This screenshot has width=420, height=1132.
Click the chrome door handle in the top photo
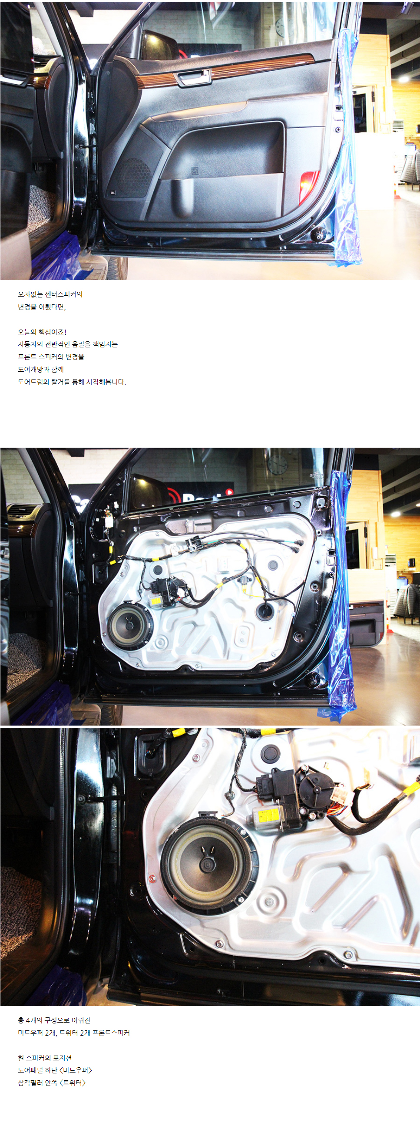click(x=193, y=77)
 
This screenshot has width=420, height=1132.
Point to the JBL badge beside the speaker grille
click(x=112, y=192)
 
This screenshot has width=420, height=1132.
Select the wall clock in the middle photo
click(x=277, y=465)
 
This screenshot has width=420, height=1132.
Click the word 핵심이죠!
click(x=53, y=332)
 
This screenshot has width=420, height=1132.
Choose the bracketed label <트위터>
click(x=73, y=1083)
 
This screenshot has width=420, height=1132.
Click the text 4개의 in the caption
click(x=34, y=1020)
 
